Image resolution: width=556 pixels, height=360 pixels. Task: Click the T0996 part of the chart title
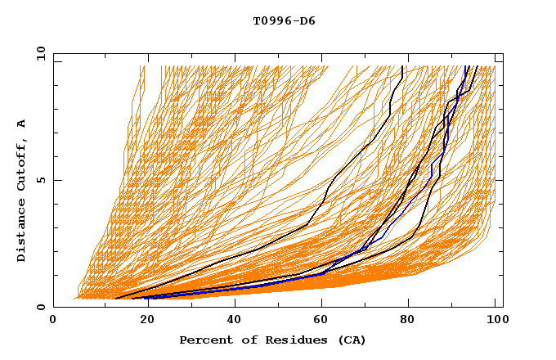coord(271,21)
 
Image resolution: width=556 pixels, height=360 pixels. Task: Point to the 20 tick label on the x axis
coord(142,321)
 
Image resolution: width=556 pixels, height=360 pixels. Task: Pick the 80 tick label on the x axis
coord(408,321)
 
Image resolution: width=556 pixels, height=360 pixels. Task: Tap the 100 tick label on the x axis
coord(495,321)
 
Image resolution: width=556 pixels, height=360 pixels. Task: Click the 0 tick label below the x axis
coord(54,321)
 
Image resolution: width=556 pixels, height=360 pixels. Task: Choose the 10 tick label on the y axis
coord(38,53)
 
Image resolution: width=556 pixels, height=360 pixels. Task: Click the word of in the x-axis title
coord(240,340)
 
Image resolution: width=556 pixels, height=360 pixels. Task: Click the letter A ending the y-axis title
coord(21,123)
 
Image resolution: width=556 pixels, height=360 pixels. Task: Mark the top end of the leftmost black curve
coord(402,67)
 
